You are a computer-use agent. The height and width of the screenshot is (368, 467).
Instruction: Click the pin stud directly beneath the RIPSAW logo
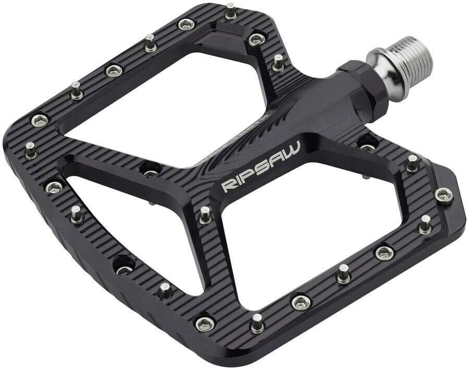pos(205,215)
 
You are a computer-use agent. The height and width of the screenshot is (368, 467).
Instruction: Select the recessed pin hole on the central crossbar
pos(150,170)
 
